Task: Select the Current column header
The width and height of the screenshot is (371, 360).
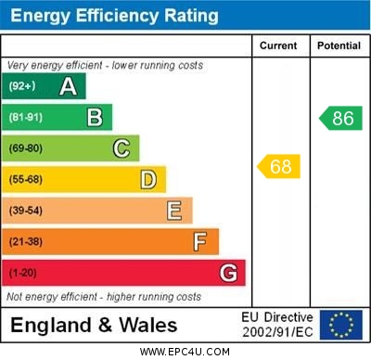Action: point(278,45)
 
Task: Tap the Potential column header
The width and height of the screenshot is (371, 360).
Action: point(339,45)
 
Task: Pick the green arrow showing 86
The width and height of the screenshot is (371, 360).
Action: point(339,118)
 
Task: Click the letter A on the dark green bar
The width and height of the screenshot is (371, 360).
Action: point(68,86)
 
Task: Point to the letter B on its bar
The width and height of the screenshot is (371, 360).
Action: point(95,117)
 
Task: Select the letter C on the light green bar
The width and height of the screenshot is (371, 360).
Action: point(122,148)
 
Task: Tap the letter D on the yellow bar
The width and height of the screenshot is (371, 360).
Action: point(148,179)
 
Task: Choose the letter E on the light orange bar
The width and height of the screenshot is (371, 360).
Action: point(174,211)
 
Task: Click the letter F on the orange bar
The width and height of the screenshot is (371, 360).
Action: point(200,241)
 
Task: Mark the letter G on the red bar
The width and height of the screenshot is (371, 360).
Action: point(228,273)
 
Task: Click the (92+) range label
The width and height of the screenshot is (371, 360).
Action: point(22,86)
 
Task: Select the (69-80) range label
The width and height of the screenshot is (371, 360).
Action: point(26,148)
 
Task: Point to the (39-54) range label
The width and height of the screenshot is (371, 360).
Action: point(26,211)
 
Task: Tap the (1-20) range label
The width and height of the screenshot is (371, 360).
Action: point(23,273)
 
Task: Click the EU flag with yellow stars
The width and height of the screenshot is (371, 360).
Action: point(341,325)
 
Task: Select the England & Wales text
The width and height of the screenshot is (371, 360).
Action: point(94,325)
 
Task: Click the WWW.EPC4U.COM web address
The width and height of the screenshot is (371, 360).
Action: point(185,352)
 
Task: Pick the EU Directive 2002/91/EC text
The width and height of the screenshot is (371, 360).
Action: point(277,325)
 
